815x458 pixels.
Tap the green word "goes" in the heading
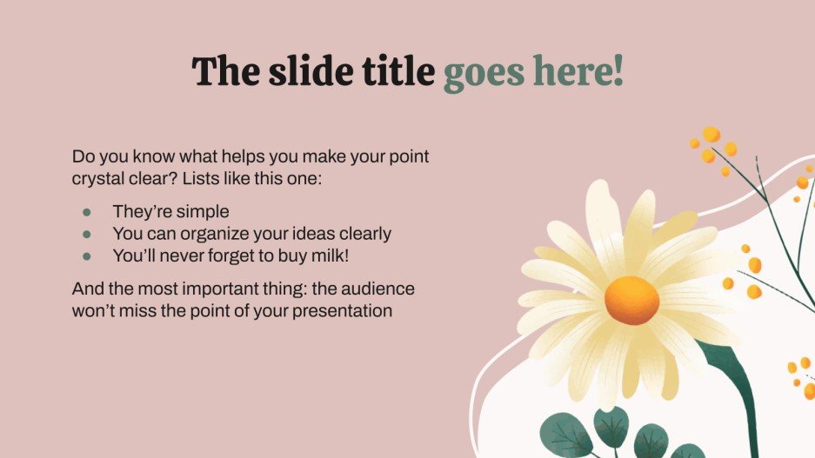point(485,72)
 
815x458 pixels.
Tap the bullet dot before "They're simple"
point(86,211)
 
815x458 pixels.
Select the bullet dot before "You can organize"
point(86,234)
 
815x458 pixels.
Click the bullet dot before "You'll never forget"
point(86,256)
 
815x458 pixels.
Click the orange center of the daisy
point(632,300)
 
